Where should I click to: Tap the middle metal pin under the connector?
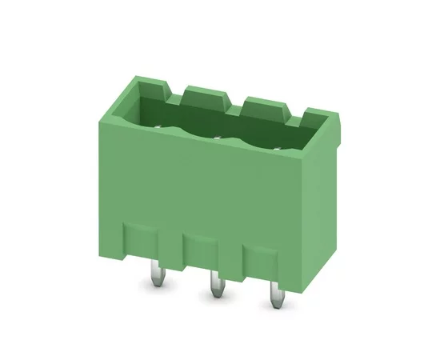214,286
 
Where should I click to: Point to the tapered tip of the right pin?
274,308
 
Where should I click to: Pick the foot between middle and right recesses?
230,260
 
